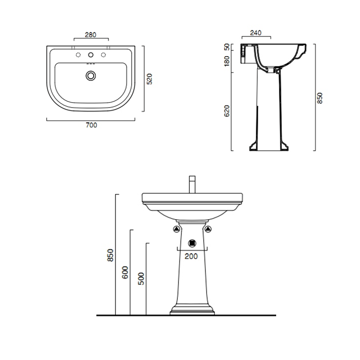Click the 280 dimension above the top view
click(x=91, y=34)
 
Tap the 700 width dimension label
click(x=92, y=125)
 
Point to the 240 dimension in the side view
click(x=256, y=33)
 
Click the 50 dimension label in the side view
click(x=227, y=47)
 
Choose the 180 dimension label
click(x=227, y=62)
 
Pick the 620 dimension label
click(x=227, y=111)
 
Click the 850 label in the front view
click(x=110, y=255)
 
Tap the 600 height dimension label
click(x=125, y=273)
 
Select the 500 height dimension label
click(x=141, y=278)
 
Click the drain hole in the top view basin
click(x=91, y=76)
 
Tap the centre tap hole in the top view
click(x=91, y=55)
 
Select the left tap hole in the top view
click(x=79, y=55)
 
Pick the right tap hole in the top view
click(x=103, y=55)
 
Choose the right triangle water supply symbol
click(x=209, y=229)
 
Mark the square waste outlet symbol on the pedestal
click(x=192, y=243)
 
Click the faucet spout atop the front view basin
click(x=192, y=185)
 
